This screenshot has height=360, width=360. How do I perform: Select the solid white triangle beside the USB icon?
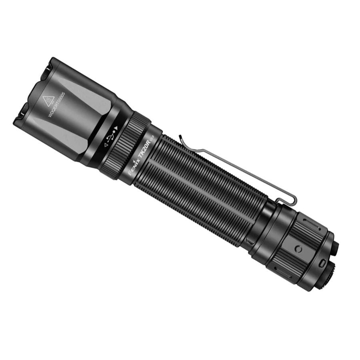point(116,129)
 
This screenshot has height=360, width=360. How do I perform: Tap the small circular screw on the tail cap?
point(298,249)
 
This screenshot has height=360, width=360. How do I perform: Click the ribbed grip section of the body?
point(200,188)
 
